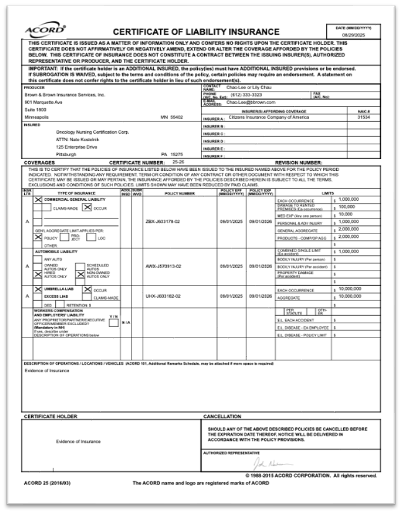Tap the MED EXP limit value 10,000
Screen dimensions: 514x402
[347, 214]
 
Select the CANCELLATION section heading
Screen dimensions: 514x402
[222, 417]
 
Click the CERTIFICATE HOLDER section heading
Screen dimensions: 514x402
[50, 417]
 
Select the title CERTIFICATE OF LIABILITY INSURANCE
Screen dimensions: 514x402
[195, 32]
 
